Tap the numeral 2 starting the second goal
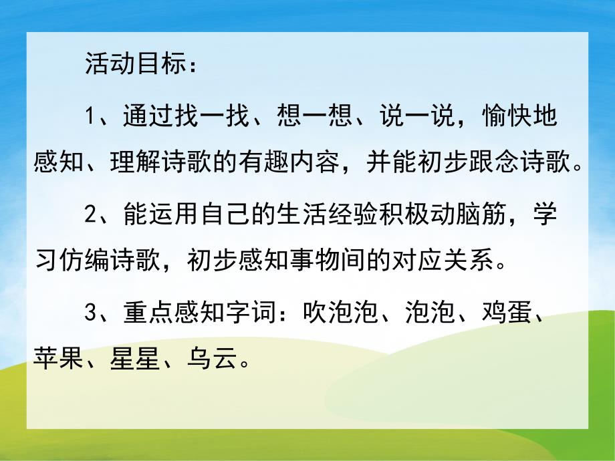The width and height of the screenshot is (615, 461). (x=92, y=215)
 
